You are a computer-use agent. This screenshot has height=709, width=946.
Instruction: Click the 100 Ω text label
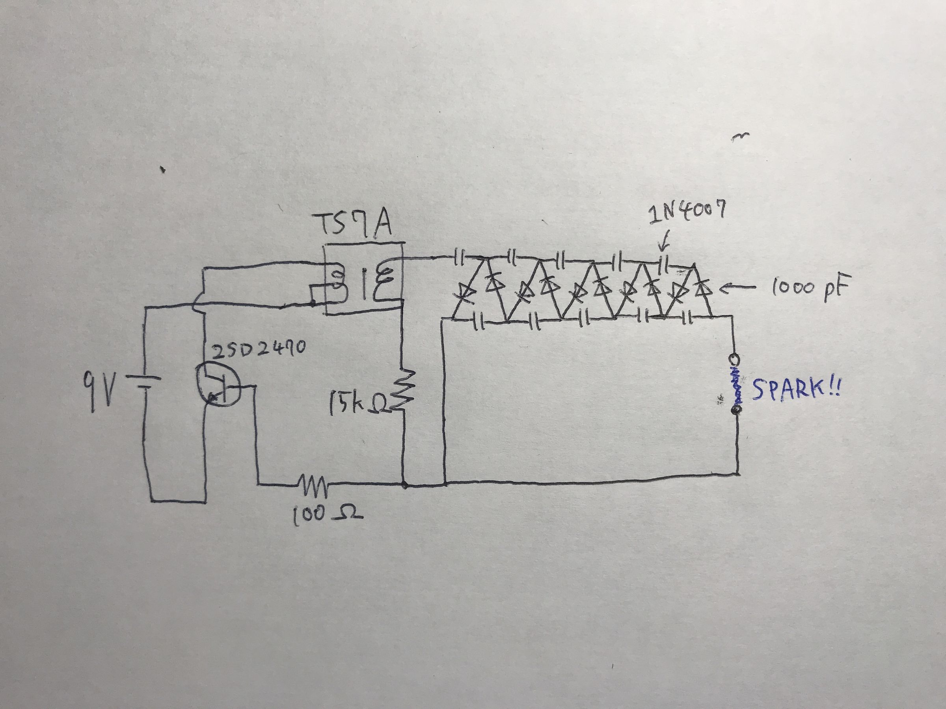tap(327, 515)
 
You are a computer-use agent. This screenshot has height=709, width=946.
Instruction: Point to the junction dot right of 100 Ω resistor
tap(404, 484)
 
